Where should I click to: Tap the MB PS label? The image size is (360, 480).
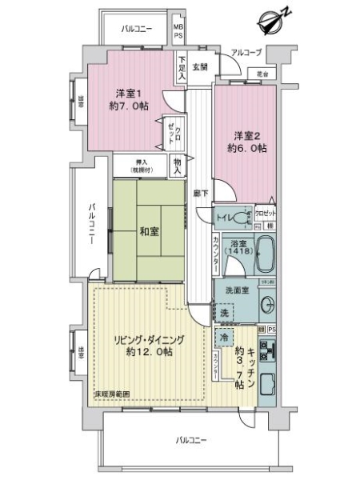179,32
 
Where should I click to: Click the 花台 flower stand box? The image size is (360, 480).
262,74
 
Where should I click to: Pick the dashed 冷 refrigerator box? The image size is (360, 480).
226,338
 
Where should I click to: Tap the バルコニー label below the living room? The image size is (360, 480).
190,440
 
